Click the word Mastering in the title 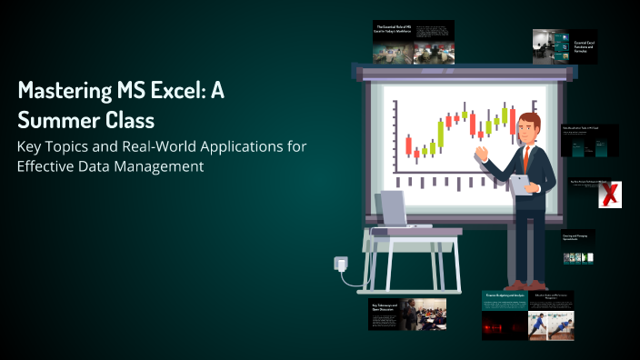pyautogui.click(x=63, y=93)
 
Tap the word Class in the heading pyautogui.click(x=130, y=119)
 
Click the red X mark pyautogui.click(x=613, y=193)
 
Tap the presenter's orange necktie pyautogui.click(x=525, y=156)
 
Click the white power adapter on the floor pyautogui.click(x=341, y=264)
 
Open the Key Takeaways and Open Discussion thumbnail pyautogui.click(x=407, y=315)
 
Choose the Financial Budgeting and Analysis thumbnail pyautogui.click(x=505, y=315)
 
